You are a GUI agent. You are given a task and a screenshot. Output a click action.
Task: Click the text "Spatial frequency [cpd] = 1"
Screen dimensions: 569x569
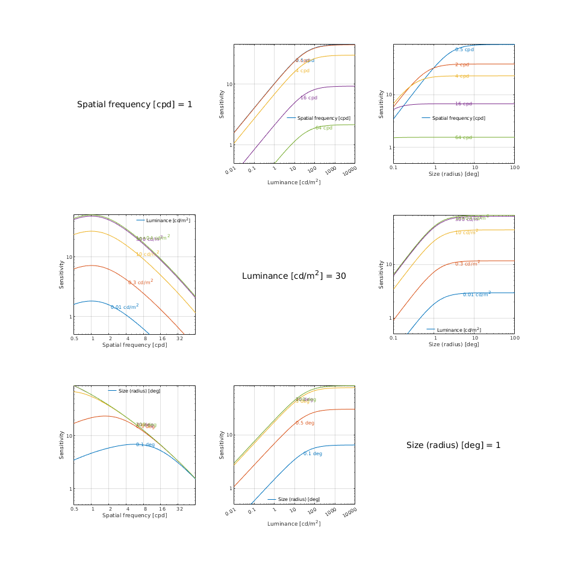(x=135, y=105)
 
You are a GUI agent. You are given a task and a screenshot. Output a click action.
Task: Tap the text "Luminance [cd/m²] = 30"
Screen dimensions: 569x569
(x=294, y=276)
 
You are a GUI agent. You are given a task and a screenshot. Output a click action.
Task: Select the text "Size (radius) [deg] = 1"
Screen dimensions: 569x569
(x=453, y=446)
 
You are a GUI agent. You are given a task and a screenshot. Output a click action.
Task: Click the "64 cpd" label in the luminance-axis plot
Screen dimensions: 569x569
(x=324, y=128)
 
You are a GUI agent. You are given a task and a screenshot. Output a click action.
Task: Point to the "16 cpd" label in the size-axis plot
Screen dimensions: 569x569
(x=464, y=104)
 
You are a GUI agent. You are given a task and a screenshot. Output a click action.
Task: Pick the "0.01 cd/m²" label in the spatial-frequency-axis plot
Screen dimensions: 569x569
(x=125, y=307)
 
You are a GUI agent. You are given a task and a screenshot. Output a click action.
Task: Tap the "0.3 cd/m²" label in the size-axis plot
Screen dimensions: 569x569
(x=467, y=264)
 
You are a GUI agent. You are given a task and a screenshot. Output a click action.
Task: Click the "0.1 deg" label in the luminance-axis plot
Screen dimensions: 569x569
(x=312, y=453)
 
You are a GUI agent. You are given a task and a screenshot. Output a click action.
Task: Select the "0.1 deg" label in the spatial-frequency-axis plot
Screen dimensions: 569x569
(x=145, y=444)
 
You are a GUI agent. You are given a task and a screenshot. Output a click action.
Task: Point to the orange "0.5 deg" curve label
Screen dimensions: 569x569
(x=305, y=423)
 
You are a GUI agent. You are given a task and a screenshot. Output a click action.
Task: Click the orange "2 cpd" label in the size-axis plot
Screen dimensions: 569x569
(x=462, y=64)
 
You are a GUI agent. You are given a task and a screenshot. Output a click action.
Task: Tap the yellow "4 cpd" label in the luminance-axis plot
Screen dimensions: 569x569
(x=302, y=70)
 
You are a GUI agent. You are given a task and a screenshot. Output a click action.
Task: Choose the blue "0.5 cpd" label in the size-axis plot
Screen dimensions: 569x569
(x=464, y=49)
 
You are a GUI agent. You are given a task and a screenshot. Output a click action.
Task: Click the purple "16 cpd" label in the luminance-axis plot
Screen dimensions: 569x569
(x=309, y=98)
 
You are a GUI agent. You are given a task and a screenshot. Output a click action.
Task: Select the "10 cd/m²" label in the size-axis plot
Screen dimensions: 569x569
(x=467, y=232)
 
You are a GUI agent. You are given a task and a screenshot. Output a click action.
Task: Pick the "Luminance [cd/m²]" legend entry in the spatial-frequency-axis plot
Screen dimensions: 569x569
(x=168, y=220)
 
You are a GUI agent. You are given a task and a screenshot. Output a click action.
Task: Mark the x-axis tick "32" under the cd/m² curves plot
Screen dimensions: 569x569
(x=179, y=339)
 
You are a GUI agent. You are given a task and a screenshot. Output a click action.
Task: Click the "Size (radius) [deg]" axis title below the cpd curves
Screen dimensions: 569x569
(x=453, y=174)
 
